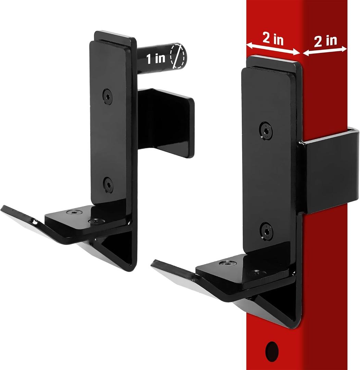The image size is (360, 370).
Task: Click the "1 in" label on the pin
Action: [x=156, y=59]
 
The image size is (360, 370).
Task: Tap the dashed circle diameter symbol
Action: [x=177, y=56]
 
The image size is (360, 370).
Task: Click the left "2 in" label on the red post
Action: [x=273, y=39]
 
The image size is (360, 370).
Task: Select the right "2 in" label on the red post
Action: [x=325, y=41]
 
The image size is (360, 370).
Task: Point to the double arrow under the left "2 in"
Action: [x=273, y=49]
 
